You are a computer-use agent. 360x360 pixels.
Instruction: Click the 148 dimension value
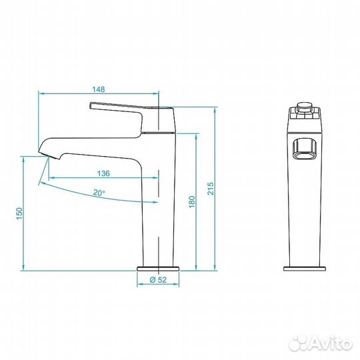point(99,87)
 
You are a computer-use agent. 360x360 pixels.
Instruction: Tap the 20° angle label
point(99,192)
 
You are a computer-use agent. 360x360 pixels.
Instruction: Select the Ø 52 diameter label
point(157,279)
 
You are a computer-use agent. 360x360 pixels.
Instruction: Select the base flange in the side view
point(157,269)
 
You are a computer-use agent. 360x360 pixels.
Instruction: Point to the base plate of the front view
point(305,269)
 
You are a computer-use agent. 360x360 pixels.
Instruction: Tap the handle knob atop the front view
point(305,105)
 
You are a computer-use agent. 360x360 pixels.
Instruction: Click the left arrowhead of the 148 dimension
point(42,93)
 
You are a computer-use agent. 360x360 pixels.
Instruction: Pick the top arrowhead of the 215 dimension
point(217,111)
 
